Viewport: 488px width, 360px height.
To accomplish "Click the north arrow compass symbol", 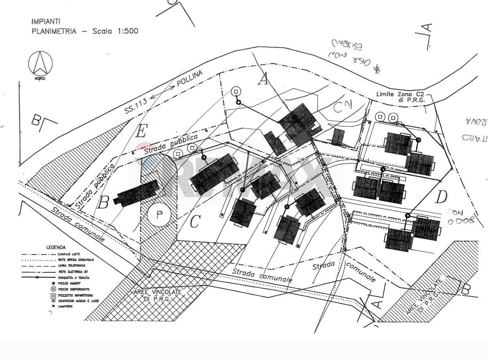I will pos(40,64).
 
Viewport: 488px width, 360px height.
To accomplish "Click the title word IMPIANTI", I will pos(45,21).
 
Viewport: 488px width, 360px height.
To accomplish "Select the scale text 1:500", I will pos(125,31).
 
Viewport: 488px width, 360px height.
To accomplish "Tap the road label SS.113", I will pos(135,106).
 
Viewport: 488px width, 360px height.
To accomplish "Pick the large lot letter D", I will pos(441,198).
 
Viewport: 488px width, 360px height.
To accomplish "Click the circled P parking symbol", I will pos(159,216).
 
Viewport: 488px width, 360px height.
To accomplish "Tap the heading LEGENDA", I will pos(56,247).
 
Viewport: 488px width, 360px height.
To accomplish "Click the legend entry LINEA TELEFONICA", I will pos(72,266).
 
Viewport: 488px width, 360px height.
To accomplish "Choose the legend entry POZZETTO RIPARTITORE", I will pos(76,296).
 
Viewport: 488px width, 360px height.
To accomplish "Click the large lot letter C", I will pos(195,222).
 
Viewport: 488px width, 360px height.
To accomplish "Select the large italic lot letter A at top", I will pos(264,79).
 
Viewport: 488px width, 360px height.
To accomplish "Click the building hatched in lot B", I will pos(137,192).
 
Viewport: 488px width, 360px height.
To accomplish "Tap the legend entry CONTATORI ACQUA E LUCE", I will pos(78,301).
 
